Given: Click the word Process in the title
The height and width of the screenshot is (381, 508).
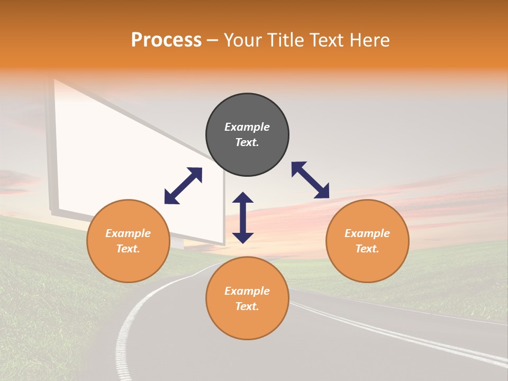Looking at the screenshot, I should [x=166, y=40].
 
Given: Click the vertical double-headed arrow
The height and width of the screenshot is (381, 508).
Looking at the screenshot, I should [x=243, y=217].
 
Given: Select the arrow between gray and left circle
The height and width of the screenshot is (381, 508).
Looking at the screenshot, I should [x=183, y=186].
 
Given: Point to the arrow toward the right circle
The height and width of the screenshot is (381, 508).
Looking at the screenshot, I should [x=310, y=180].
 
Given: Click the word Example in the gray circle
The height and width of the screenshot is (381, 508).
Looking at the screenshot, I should [x=247, y=127].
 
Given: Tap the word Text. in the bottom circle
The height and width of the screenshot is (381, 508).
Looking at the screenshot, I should [x=247, y=306].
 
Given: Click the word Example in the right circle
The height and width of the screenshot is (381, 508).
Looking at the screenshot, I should [x=367, y=233].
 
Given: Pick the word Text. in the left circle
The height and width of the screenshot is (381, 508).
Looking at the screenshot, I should [x=128, y=249].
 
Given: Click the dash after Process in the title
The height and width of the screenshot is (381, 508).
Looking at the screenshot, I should [x=212, y=41].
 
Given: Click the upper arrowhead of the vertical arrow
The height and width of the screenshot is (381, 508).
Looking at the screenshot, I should [x=243, y=198].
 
